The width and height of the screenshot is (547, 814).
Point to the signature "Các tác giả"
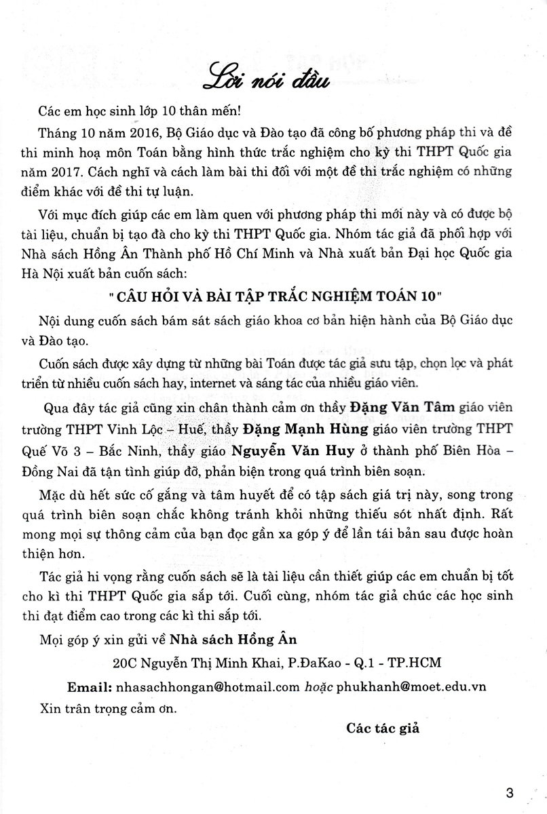[383, 729]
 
